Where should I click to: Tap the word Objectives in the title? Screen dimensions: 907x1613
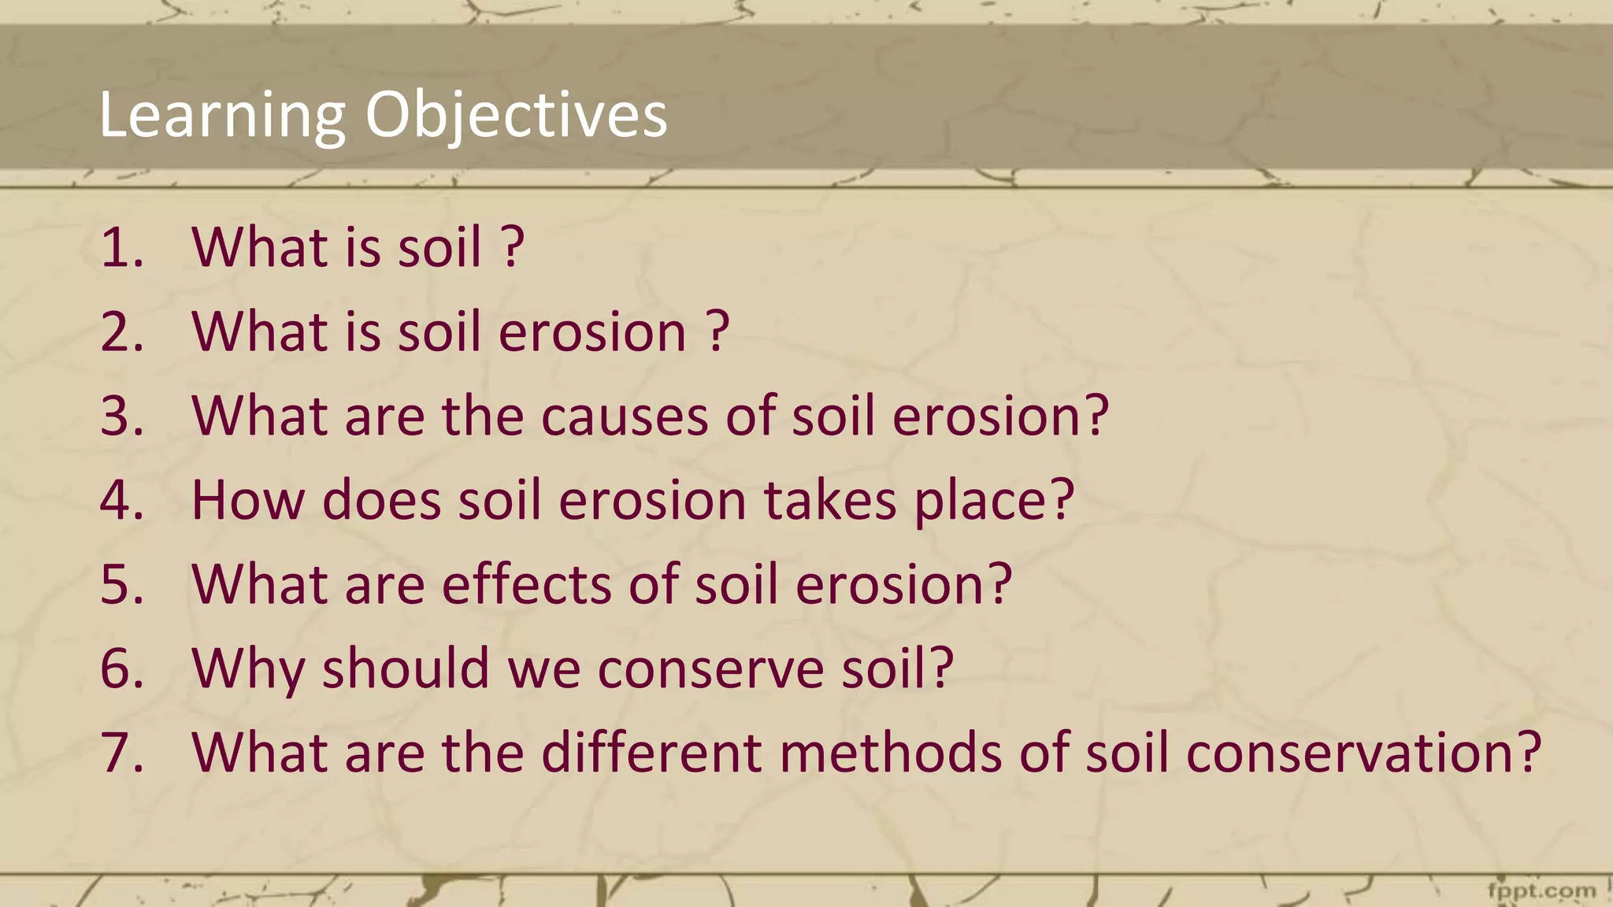pyautogui.click(x=516, y=116)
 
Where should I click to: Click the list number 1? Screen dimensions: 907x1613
pyautogui.click(x=122, y=247)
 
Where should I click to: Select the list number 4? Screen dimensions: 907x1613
pyautogui.click(x=122, y=500)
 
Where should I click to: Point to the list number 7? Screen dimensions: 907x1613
pyautogui.click(x=122, y=753)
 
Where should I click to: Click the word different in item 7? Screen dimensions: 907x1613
pyautogui.click(x=652, y=753)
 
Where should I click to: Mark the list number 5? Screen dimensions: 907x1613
pyautogui.click(x=122, y=584)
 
